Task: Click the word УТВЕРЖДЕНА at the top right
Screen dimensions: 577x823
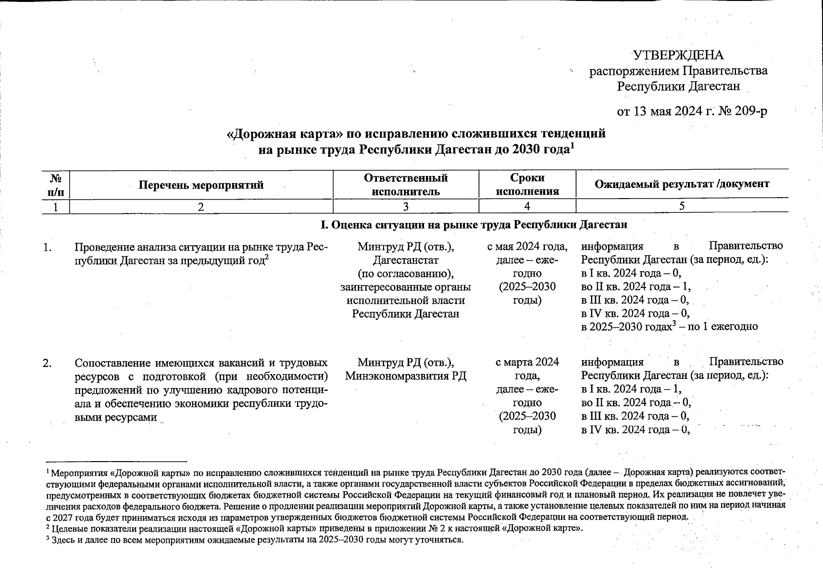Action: coord(678,55)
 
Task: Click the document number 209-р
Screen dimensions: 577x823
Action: coord(751,112)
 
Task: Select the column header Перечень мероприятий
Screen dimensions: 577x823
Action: coord(201,185)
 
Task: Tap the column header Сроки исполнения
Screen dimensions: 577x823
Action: coord(527,185)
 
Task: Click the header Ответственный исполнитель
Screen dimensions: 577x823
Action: coord(406,185)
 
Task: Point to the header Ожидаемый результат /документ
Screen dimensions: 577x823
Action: coord(682,184)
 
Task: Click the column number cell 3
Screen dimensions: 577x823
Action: coord(406,206)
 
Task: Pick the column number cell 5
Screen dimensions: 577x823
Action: coord(682,206)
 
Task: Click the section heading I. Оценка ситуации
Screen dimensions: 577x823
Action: coord(474,225)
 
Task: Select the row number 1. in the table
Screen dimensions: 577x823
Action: coord(47,248)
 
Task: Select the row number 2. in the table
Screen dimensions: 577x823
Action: coord(47,363)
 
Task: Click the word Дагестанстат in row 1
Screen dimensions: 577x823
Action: coord(406,261)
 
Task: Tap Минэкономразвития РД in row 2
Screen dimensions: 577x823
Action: coord(406,376)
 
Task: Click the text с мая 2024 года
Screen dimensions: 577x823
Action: coord(527,247)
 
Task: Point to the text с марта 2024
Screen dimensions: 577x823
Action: coord(527,362)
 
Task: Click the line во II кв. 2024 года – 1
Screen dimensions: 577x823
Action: coord(636,287)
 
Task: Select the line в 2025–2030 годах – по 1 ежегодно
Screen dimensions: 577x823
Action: coord(669,327)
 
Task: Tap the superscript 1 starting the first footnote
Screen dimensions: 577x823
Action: coord(48,471)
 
